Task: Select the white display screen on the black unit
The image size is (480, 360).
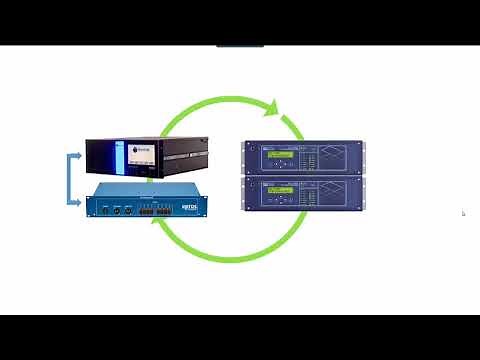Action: [142, 157]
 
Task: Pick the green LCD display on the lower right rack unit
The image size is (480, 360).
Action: [279, 190]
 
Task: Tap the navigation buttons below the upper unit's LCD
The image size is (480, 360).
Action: [281, 166]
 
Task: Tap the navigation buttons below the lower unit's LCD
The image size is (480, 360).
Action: [281, 200]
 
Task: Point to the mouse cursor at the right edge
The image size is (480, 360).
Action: [463, 213]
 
